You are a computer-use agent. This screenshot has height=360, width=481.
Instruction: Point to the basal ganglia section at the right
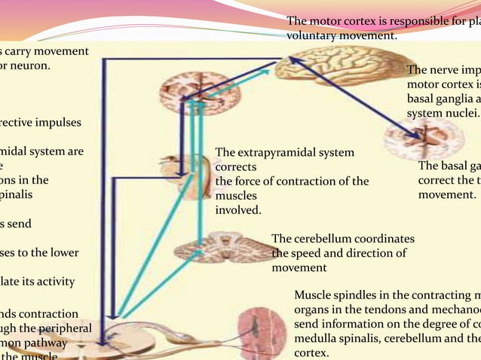click(422, 139)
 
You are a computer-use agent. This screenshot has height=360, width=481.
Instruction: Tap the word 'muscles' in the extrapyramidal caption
click(236, 195)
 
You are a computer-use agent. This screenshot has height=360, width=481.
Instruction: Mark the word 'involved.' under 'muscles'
click(238, 209)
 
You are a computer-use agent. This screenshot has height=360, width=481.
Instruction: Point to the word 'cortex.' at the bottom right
click(311, 352)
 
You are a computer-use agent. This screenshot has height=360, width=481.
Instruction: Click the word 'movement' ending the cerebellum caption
click(299, 268)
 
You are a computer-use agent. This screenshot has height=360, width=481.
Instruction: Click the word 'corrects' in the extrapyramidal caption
click(236, 166)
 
